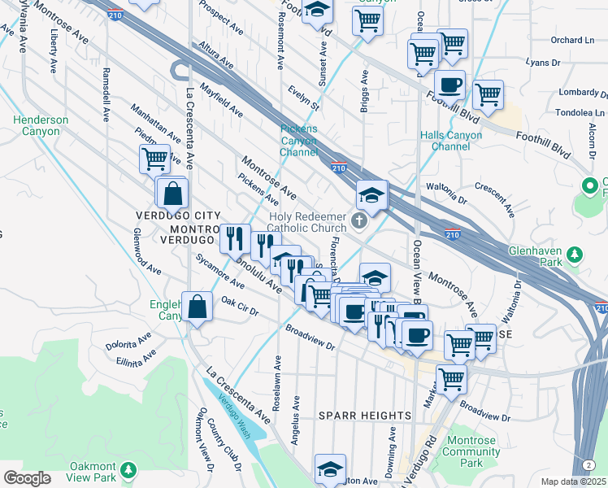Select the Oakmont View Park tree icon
click(x=127, y=471)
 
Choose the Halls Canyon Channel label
click(x=445, y=141)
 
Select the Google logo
click(x=27, y=478)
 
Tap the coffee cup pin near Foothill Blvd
click(x=449, y=85)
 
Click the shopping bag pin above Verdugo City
click(x=173, y=194)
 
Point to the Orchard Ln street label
click(x=571, y=40)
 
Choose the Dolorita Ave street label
click(x=128, y=339)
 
